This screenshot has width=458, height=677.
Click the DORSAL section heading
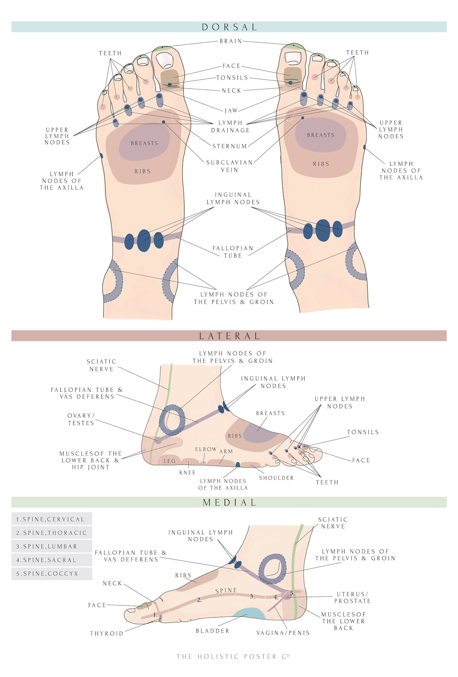pos(229,27)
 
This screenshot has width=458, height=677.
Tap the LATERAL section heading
pos(229,336)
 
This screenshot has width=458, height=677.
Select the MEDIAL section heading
pos(229,502)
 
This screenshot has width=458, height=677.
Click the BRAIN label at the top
pos(231,41)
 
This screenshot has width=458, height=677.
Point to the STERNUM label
pos(229,146)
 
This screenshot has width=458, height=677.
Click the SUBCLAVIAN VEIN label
pos(229,166)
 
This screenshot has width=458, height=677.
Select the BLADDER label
pos(213,631)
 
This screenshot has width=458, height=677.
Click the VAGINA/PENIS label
pos(283,633)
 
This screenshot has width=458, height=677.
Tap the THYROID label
pos(106,634)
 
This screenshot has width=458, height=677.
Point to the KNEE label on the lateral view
pos(188,472)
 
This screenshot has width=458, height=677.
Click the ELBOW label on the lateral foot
pos(206,449)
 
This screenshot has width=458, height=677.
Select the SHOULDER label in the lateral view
pos(276,478)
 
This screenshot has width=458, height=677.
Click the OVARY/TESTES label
pos(81,419)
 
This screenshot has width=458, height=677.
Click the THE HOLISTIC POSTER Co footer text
pos(233,657)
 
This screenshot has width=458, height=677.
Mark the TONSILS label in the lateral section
pos(363,432)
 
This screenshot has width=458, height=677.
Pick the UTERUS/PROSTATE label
pos(352,597)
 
